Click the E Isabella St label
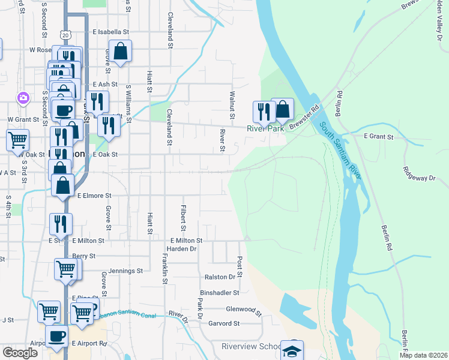[110, 32]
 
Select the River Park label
[265, 128]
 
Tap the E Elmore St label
[94, 196]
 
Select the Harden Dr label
[181, 249]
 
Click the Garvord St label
[224, 323]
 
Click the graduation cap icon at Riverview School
[292, 351]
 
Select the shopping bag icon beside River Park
[283, 110]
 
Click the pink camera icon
[23, 97]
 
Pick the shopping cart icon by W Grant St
[17, 140]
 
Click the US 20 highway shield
[65, 35]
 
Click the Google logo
[20, 353]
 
